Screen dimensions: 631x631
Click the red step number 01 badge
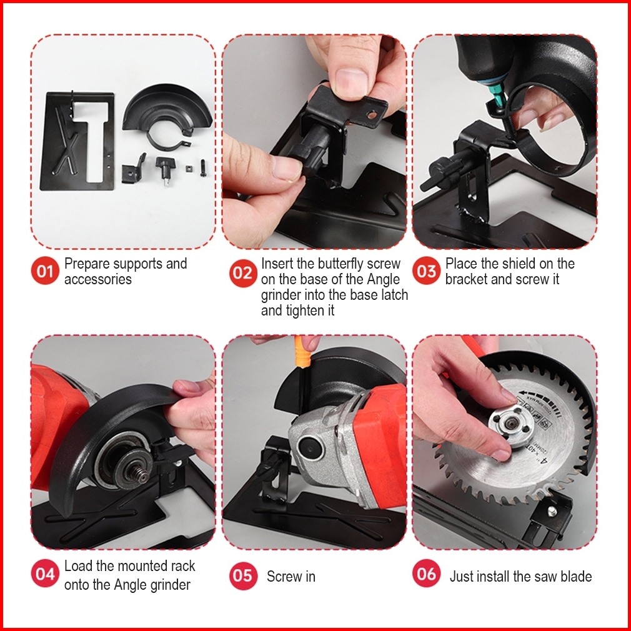click(x=45, y=271)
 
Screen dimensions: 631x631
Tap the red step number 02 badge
click(x=243, y=273)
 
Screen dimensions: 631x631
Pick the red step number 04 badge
click(x=45, y=573)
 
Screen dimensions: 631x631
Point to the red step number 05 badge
click(x=243, y=576)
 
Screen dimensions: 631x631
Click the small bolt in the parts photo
click(x=203, y=168)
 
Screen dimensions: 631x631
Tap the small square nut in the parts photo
click(x=188, y=168)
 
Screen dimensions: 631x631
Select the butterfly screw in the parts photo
click(x=164, y=170)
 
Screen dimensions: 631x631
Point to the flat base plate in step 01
click(x=77, y=141)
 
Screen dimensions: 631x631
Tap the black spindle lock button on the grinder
click(x=309, y=447)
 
